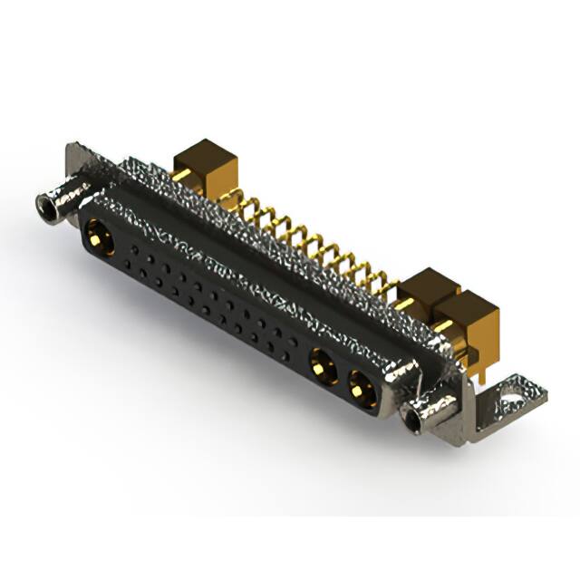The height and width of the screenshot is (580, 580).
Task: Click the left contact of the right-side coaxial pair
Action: point(320,367)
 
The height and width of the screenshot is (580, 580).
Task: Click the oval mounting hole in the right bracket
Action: point(513,395)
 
